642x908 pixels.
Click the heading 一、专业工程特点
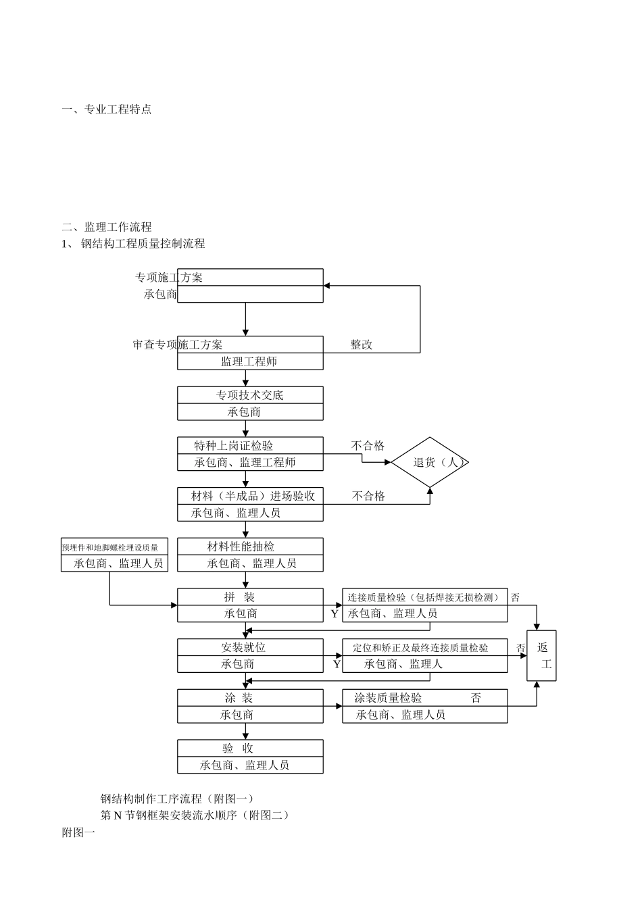coord(107,109)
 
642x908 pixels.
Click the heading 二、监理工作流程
coord(107,227)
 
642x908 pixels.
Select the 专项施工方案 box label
coord(169,278)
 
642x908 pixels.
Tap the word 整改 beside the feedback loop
coord(362,345)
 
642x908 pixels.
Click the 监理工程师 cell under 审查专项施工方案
coord(249,361)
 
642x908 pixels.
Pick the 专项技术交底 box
coord(250,395)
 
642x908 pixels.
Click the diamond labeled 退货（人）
coord(430,462)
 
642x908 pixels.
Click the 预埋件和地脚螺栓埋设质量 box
coord(114,547)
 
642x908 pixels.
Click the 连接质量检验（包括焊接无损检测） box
coord(424,597)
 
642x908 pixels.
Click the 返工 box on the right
coord(542,655)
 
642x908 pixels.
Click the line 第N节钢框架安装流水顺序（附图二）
coord(195,815)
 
